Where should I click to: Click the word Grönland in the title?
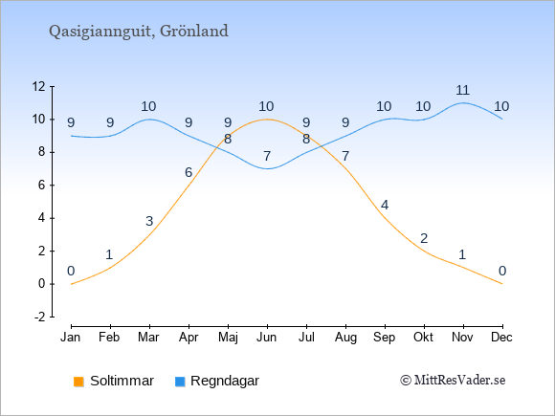pos(194,31)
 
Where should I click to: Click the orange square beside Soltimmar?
pos(78,382)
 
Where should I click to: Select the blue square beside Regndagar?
pos(180,382)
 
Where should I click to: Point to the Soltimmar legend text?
pos(122,381)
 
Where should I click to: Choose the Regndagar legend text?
pos(225,381)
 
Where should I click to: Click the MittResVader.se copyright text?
pos(453,381)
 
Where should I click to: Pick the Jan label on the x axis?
pos(71,338)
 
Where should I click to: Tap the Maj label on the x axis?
pos(228,338)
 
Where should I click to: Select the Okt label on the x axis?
pos(423,338)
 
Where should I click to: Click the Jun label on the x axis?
pos(267,338)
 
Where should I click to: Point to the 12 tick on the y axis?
pos(39,86)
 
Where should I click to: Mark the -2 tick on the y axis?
pos(40,317)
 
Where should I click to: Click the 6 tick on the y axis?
pos(42,185)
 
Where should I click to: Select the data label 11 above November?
pos(462,90)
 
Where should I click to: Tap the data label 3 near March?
pos(149,221)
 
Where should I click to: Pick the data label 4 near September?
pos(385,205)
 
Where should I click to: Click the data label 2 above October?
pos(424,238)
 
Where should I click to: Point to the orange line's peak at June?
pos(267,120)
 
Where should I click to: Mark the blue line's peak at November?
pos(463,103)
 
